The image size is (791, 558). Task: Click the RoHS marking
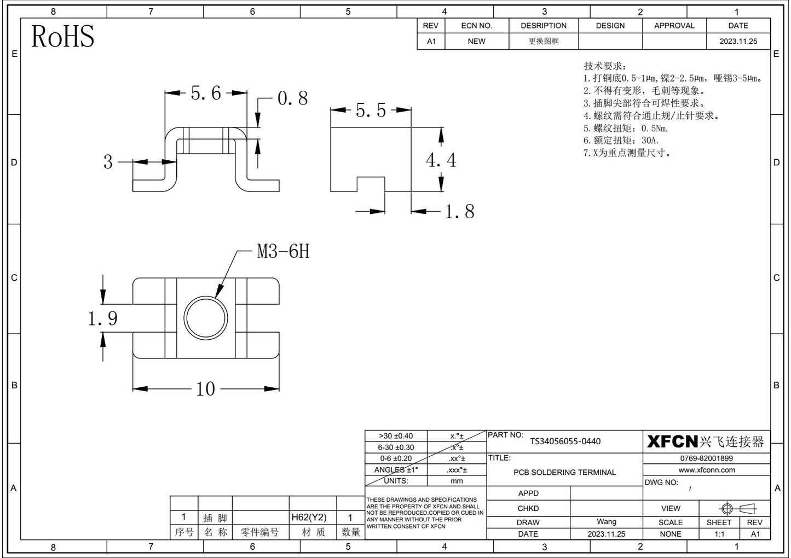coord(63,36)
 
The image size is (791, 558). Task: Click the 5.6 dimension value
coord(206,93)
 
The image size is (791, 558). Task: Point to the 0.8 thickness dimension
coord(292,98)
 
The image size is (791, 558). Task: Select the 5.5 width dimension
coord(371,110)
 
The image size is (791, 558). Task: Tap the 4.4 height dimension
coord(441,160)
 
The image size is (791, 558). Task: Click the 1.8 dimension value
coord(459,211)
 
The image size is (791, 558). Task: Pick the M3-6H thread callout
coord(283,252)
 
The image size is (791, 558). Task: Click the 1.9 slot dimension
coord(102,318)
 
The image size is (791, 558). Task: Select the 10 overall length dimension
coord(205,389)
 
